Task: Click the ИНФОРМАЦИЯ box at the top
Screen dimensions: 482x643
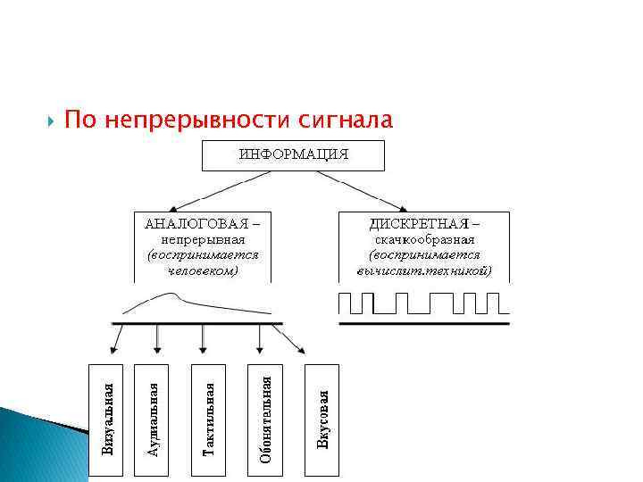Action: [293, 155]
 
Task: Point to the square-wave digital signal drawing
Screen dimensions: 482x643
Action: [423, 303]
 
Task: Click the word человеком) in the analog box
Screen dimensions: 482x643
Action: [205, 270]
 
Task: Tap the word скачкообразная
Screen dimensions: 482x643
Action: [424, 239]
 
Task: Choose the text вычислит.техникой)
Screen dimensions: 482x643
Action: [424, 270]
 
